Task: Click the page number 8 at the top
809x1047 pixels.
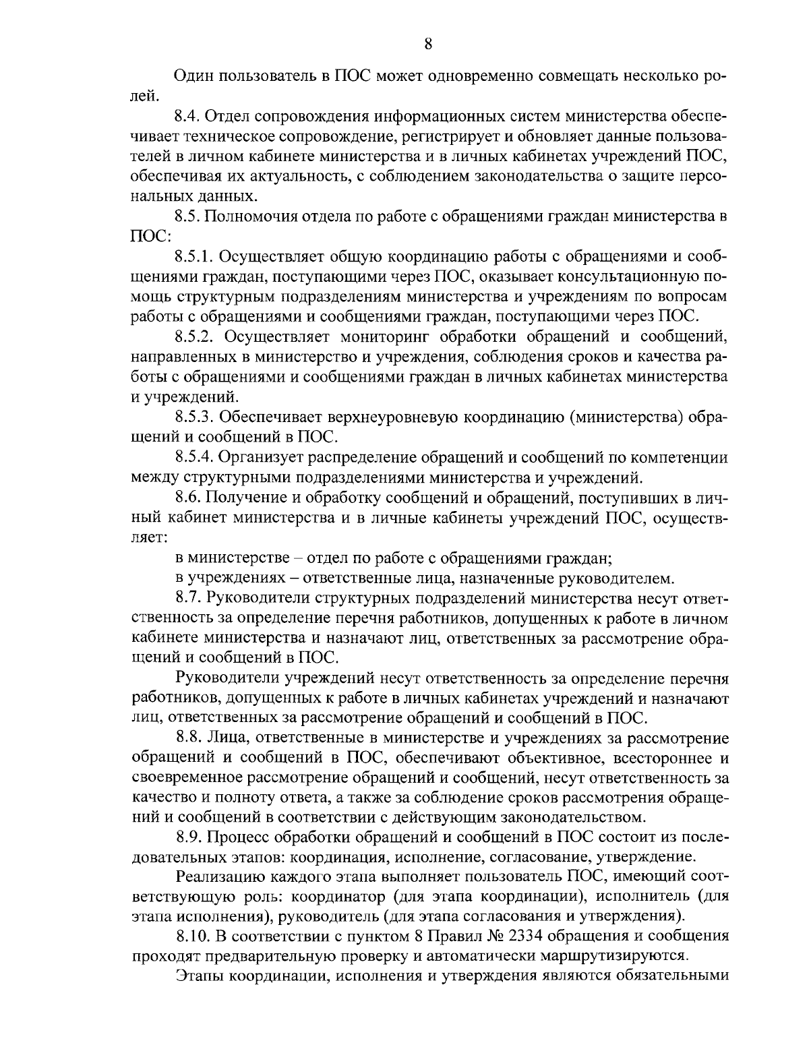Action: [x=428, y=44]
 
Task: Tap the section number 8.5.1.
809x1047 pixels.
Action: [x=194, y=257]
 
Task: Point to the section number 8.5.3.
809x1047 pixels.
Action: [x=194, y=417]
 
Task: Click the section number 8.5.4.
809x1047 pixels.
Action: [x=194, y=457]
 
